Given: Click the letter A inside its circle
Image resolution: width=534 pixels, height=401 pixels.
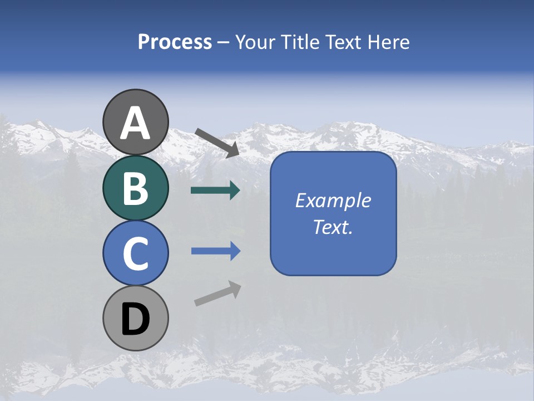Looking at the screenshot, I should (x=136, y=123).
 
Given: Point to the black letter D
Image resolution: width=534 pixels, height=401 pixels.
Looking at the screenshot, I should (x=136, y=320).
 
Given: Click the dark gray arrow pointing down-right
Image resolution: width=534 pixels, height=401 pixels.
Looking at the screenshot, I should (x=217, y=143).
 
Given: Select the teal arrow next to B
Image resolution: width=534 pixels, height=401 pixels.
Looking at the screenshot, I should (x=215, y=190).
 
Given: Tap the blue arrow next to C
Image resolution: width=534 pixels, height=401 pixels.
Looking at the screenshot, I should (x=215, y=251).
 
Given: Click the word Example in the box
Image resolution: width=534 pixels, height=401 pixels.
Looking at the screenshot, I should (x=333, y=200).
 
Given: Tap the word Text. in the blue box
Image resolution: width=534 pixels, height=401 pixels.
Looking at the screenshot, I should (x=333, y=227).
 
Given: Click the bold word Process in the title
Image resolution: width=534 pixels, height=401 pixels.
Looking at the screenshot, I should (x=175, y=42).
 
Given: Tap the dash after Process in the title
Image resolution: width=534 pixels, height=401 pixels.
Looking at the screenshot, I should (x=224, y=42).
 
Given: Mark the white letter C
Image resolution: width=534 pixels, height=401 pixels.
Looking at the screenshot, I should (x=136, y=253).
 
